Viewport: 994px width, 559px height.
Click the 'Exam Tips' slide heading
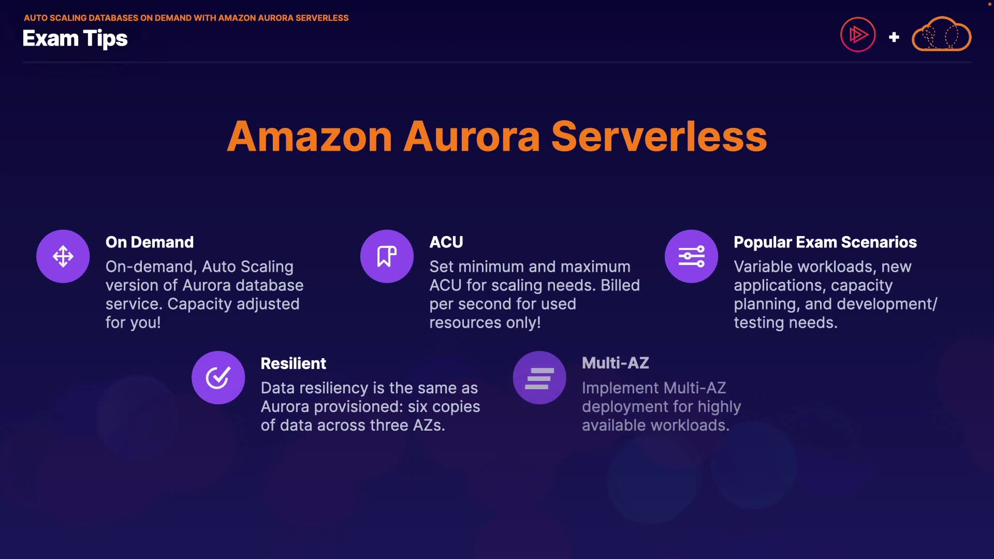[x=75, y=39]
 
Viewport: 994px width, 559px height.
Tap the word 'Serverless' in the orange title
[x=659, y=137]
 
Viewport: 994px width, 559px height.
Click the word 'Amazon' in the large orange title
[x=310, y=137]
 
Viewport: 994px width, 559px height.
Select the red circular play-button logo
[x=858, y=35]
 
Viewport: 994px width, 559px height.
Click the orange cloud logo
[x=941, y=35]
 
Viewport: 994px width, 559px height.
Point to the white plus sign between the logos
[x=894, y=37]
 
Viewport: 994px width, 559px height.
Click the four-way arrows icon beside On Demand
[x=63, y=256]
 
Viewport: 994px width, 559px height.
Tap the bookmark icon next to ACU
[x=387, y=256]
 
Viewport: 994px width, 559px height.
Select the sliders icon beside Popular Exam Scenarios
[x=691, y=256]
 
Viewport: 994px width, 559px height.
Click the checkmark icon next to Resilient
[x=218, y=377]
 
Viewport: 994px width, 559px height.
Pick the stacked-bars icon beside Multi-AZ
[x=539, y=378]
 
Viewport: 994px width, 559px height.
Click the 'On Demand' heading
[x=150, y=242]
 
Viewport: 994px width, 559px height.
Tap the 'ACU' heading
[x=446, y=242]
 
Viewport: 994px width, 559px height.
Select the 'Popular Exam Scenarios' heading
[x=825, y=242]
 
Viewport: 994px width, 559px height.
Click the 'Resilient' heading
[x=293, y=363]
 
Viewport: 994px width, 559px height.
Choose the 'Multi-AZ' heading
[x=615, y=363]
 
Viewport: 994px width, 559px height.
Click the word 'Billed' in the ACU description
[x=620, y=285]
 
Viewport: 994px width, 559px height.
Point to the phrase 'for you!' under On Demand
[x=133, y=322]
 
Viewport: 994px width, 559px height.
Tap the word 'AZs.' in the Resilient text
[x=429, y=425]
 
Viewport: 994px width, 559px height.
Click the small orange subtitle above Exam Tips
[x=186, y=18]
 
